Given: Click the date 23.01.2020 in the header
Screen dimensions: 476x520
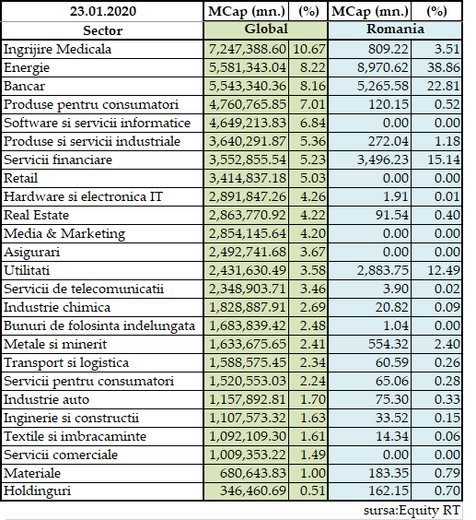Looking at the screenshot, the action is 103,11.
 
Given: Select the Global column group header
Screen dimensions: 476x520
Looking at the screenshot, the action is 266,29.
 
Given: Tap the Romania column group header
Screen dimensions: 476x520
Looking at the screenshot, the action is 395,29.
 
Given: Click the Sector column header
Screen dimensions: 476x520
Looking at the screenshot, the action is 103,30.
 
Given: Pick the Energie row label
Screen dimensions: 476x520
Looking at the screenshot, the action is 27,68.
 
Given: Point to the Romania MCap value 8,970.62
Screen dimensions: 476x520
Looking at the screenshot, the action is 383,67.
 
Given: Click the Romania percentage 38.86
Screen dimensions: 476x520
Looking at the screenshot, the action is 444,67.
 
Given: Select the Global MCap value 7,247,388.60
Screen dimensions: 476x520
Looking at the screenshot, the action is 247,50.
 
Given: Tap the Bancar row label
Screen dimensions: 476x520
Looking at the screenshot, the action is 24,87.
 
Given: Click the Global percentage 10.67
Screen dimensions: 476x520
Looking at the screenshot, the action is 309,50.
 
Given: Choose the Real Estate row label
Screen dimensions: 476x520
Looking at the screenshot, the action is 36,215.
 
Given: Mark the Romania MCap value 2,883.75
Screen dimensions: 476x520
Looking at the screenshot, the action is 383,270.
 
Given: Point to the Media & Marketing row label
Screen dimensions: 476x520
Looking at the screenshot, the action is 64,234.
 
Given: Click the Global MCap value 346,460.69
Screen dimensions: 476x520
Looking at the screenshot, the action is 253,490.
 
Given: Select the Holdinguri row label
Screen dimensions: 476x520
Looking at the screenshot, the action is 37,491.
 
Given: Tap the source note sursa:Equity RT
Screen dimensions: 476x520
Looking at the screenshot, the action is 412,510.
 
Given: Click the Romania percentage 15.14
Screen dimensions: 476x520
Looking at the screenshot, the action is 444,160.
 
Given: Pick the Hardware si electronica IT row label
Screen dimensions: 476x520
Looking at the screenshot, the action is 83,196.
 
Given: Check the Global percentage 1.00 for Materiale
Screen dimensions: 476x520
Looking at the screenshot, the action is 313,473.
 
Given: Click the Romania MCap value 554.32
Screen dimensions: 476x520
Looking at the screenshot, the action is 389,344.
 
